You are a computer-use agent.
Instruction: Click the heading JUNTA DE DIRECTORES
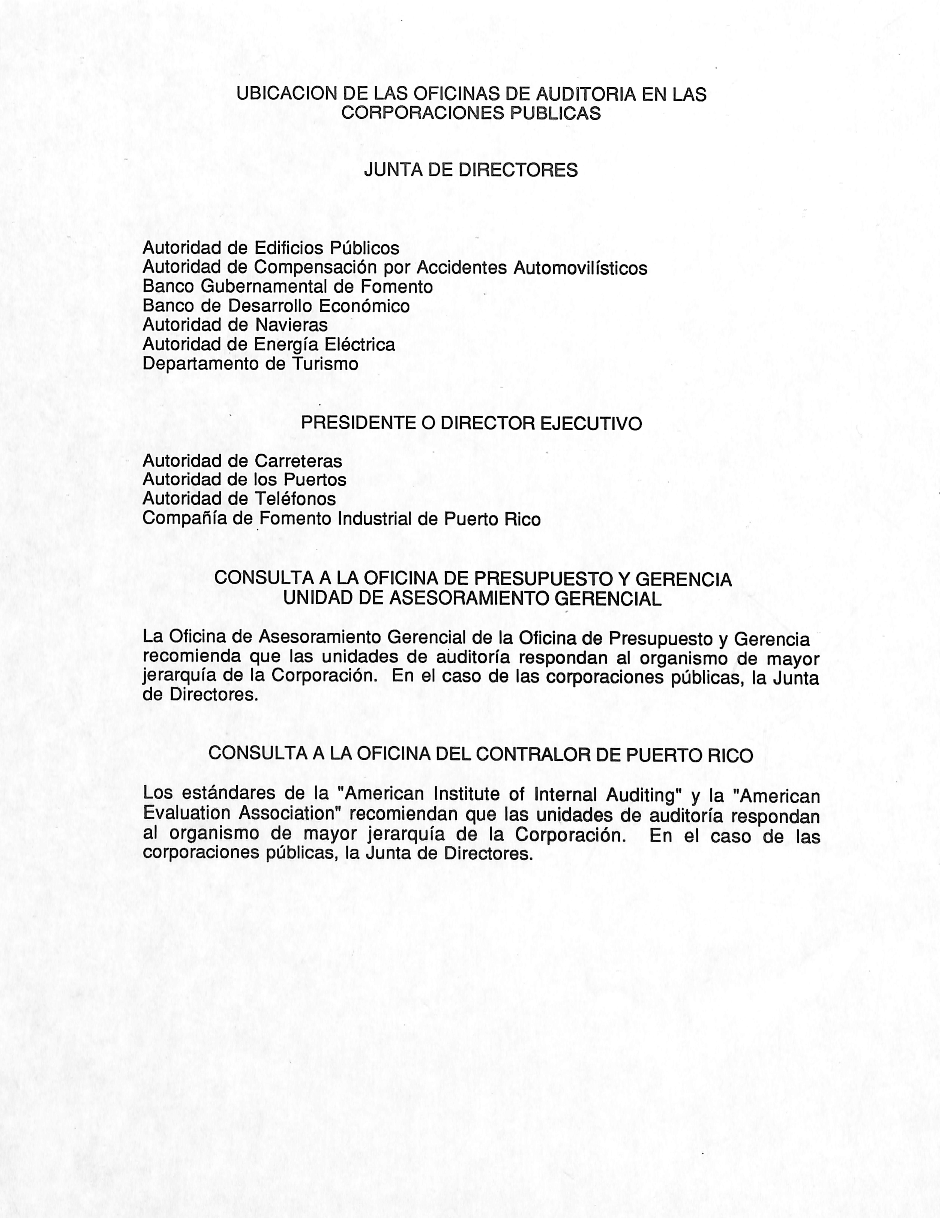point(470,170)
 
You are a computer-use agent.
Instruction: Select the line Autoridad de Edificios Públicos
point(271,248)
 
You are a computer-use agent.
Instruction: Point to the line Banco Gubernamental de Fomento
point(287,287)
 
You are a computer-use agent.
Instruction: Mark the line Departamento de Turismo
point(250,364)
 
